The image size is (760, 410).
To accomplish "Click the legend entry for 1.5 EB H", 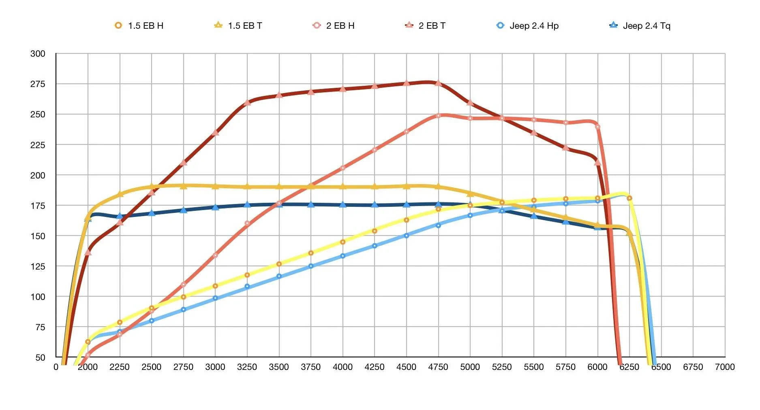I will [x=139, y=25].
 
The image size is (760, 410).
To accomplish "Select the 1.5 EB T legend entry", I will [x=238, y=25].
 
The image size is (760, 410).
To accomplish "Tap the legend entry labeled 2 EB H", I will [x=334, y=25].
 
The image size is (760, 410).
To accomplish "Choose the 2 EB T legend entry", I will [x=425, y=25].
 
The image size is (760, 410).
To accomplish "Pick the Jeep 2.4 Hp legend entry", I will [x=527, y=25].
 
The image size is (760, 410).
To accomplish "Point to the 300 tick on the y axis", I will [x=38, y=53].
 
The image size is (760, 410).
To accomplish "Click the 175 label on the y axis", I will [x=38, y=206].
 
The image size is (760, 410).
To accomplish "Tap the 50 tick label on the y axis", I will [x=40, y=357].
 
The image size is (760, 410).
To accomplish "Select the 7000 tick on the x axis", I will [x=725, y=367].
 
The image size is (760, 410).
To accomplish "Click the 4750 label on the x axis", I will [x=438, y=367].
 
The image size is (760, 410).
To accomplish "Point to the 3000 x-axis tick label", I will [x=215, y=367].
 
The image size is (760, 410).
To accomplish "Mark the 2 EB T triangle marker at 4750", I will [x=438, y=83].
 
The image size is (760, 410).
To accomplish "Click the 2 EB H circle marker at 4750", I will [x=438, y=116].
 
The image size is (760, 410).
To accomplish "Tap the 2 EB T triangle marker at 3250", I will [x=247, y=102].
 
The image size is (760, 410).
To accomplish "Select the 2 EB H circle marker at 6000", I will [x=597, y=127].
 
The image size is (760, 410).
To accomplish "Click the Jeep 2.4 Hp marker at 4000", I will [x=343, y=256].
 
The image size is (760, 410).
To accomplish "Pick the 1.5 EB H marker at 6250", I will [x=629, y=198].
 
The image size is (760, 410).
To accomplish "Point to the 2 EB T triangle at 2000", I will [x=88, y=252].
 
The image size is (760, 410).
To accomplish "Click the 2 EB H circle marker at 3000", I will [x=215, y=255].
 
